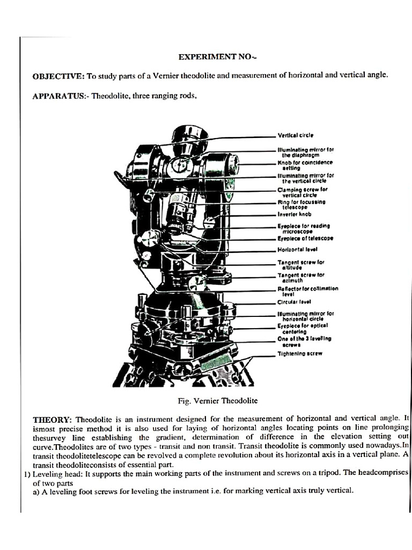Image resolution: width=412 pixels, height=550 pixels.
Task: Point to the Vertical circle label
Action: click(x=295, y=135)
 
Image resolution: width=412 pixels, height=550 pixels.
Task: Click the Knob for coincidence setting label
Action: click(x=305, y=165)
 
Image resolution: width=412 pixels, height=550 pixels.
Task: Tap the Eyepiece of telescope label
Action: click(x=305, y=238)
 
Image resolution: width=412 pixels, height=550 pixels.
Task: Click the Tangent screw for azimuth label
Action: click(x=301, y=278)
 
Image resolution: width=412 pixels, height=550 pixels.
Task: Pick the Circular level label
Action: click(x=294, y=302)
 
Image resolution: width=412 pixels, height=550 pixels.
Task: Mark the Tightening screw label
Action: click(x=299, y=354)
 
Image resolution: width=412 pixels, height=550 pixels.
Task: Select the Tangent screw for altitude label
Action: click(x=301, y=265)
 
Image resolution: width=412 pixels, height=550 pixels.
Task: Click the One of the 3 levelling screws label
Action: click(x=304, y=341)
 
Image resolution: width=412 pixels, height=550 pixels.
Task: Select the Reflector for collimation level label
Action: click(x=307, y=291)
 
